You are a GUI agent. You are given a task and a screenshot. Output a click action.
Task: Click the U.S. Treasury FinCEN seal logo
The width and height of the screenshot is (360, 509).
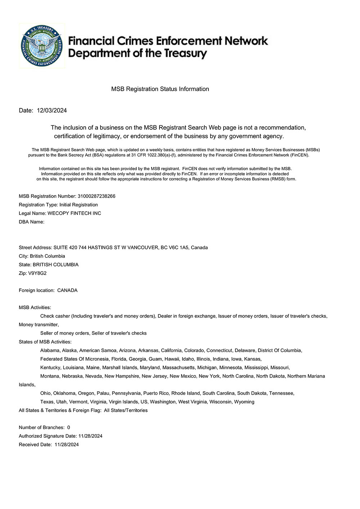click(42, 46)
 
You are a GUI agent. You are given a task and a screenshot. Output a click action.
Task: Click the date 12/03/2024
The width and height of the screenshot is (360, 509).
click(52, 111)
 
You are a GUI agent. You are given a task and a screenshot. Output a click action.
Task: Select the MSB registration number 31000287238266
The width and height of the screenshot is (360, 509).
click(96, 196)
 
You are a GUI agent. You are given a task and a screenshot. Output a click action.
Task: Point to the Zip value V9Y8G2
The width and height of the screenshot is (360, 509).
click(37, 273)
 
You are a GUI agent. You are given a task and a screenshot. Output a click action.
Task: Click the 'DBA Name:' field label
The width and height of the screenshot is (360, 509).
click(32, 222)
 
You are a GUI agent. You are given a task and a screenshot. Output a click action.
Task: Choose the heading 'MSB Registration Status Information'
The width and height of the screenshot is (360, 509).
click(160, 89)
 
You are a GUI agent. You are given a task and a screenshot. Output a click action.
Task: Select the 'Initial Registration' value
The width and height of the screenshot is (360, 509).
click(78, 205)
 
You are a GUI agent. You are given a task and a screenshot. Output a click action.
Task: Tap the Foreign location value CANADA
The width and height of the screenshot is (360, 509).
click(67, 290)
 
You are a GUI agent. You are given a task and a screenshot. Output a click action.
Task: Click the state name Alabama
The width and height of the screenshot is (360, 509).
click(50, 351)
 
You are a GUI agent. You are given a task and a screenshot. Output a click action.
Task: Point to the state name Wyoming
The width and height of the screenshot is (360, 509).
click(244, 402)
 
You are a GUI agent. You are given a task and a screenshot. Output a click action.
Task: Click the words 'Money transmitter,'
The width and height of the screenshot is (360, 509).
click(39, 325)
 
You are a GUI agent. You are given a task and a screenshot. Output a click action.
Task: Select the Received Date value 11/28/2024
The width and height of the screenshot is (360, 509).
click(67, 445)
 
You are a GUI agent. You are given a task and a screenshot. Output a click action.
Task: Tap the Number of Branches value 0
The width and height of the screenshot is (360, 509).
click(69, 428)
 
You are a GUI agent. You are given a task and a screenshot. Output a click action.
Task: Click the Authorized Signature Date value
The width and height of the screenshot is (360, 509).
click(90, 436)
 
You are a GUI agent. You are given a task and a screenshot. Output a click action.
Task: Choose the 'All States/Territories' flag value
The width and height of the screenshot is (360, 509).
click(126, 411)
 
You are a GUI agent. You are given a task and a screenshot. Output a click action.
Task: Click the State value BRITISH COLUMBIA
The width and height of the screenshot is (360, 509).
click(55, 265)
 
